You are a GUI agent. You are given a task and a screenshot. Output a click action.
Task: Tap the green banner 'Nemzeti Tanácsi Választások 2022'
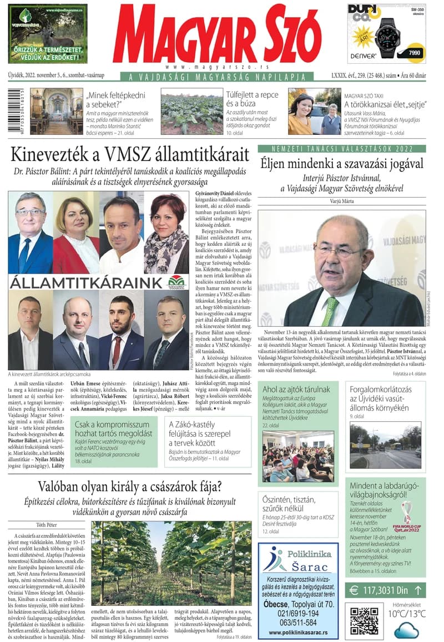(342, 148)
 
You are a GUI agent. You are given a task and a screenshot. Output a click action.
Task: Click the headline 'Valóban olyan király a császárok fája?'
(130, 487)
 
